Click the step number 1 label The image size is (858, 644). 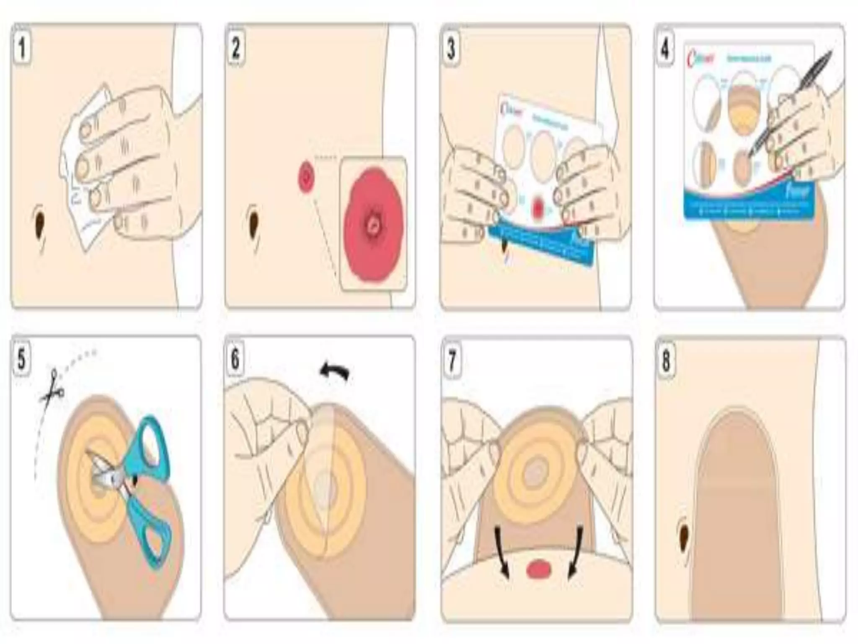22,48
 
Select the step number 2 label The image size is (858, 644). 236,48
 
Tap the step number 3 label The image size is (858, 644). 451,49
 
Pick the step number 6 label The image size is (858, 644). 235,359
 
